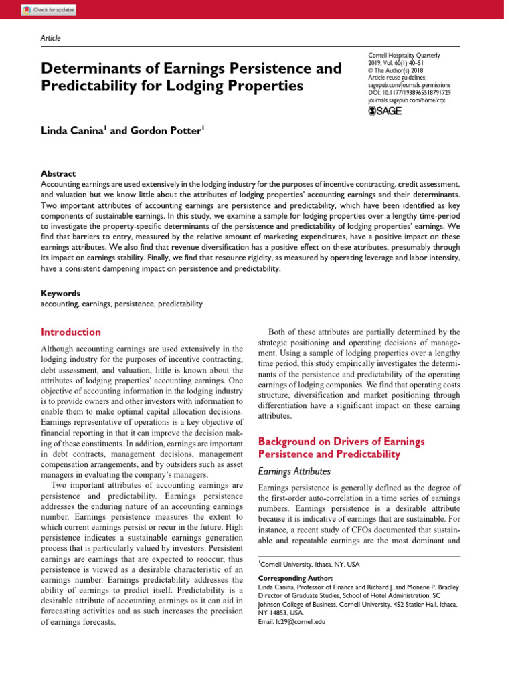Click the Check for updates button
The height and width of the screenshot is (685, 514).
click(x=49, y=10)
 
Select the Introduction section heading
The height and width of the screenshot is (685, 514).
click(x=71, y=332)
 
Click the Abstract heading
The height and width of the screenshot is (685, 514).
click(x=58, y=173)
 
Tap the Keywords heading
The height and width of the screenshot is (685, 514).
click(x=61, y=293)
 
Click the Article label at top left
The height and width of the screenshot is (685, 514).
click(x=51, y=38)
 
